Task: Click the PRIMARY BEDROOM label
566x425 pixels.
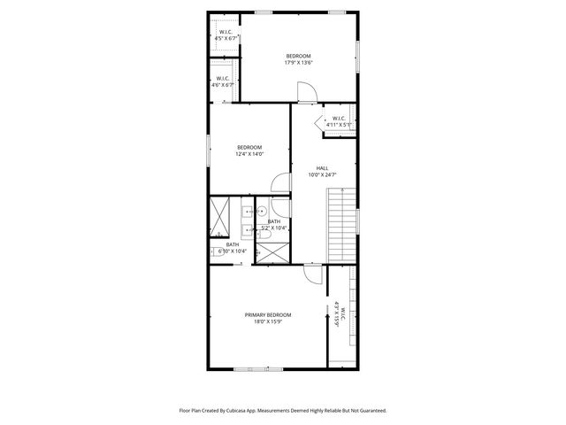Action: (x=267, y=314)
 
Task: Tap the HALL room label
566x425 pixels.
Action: (x=323, y=167)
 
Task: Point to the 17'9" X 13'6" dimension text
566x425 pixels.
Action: (x=298, y=63)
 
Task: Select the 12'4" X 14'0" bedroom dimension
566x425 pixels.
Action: (x=249, y=154)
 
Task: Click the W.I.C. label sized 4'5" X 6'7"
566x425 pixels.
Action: (x=226, y=34)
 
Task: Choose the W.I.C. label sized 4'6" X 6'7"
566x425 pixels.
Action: (x=225, y=78)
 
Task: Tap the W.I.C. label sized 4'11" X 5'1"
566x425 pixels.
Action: (x=339, y=119)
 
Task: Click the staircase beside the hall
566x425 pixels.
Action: (x=340, y=225)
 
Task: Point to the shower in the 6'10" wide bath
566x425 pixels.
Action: (x=219, y=218)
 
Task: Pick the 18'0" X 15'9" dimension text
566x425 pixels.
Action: (x=267, y=321)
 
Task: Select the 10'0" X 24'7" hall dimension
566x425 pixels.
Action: (x=323, y=174)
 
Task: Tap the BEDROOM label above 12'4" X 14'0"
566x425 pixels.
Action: (x=249, y=147)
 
